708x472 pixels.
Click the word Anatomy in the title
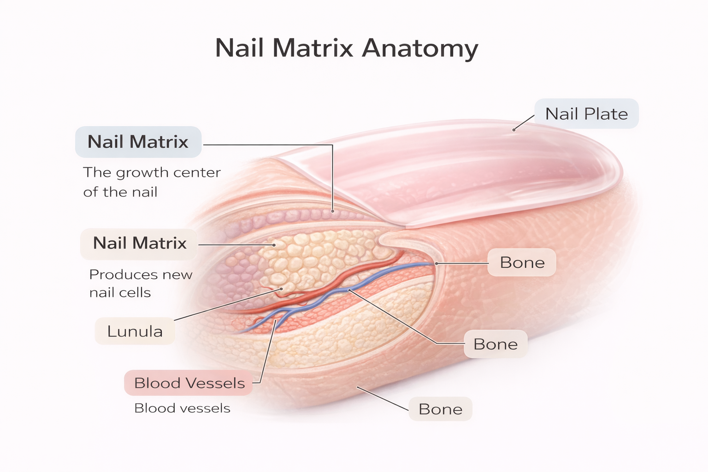coord(420,48)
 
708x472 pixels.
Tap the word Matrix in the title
coord(312,48)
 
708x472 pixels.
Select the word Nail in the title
coord(239,48)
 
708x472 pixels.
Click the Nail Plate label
coord(586,113)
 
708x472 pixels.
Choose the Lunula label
coord(135,331)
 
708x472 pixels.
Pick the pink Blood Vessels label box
coord(189,383)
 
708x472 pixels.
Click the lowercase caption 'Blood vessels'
coord(183,408)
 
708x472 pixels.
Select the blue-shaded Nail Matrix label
coord(138,142)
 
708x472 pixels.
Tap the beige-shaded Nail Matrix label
coord(139,243)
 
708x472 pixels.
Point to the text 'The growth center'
coord(152,172)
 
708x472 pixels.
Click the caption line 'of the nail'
coord(120,192)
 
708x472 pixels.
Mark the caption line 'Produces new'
coord(141,274)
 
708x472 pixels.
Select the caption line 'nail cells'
coord(120,292)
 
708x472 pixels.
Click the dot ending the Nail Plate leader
coord(514,130)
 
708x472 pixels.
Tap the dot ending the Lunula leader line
coord(281,289)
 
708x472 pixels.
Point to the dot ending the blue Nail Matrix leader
coord(332,211)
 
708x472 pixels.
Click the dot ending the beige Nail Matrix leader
coord(274,245)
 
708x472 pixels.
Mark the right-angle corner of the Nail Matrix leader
coord(332,145)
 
